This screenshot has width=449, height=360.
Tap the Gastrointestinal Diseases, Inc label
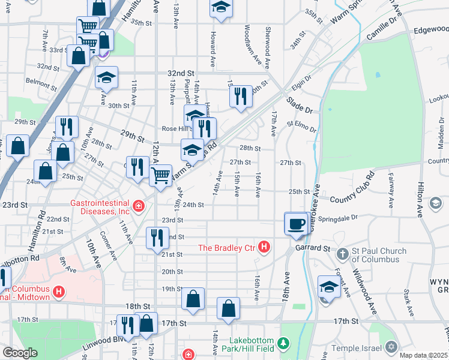99,206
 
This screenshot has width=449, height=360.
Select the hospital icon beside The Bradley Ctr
264,247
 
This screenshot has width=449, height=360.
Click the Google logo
20,353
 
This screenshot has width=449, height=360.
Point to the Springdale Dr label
337,217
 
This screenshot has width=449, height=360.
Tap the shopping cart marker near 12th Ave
160,176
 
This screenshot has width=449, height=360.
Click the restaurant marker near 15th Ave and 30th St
241,96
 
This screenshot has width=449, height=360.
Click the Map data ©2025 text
424,355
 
